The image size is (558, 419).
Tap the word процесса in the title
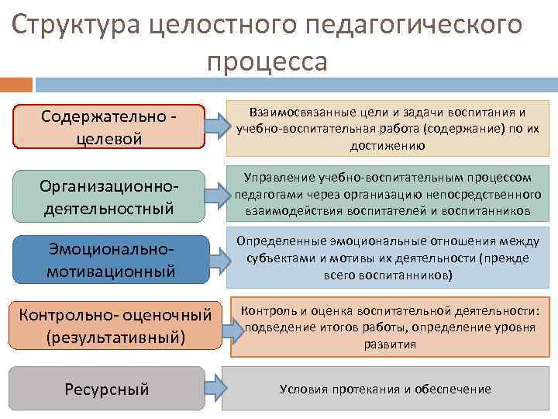[x=267, y=61]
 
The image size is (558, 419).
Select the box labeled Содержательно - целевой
[x=109, y=126]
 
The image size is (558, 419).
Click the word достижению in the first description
[x=385, y=145]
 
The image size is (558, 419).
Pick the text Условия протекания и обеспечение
[x=385, y=389]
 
